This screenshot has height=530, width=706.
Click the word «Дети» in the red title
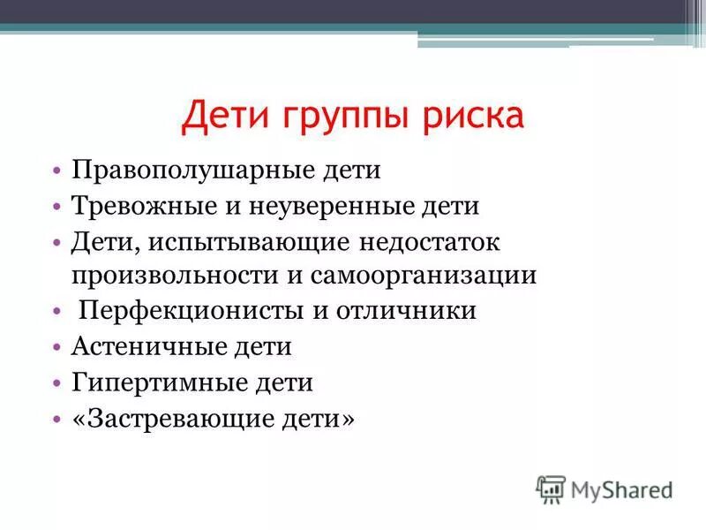(224, 117)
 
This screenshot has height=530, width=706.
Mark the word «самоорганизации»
(423, 275)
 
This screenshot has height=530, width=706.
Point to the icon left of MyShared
(551, 488)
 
